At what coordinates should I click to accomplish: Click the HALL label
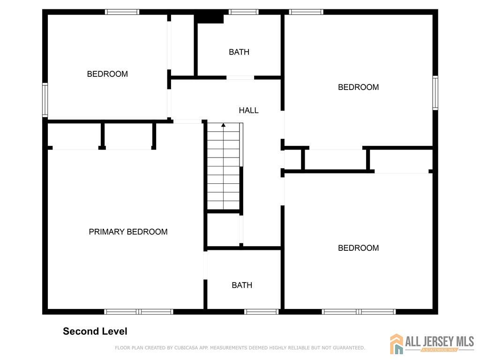coord(248,110)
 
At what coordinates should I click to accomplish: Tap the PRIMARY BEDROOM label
coord(128,232)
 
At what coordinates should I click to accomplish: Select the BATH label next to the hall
coord(239,52)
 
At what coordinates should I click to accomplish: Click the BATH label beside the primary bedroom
coord(242,285)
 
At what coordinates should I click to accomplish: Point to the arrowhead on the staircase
coord(224,125)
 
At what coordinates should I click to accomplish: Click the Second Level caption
coord(95,331)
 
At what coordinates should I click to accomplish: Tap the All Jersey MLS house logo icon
coord(397,344)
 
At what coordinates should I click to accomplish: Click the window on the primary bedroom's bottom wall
coord(139,312)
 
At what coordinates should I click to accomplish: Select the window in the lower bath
coord(262,312)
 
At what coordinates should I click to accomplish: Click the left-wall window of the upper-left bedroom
coord(45,100)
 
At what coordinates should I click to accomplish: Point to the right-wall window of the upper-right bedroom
coord(435,93)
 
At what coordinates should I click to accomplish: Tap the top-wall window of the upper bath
coord(244,12)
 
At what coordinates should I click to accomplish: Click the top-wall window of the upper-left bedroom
coord(122,12)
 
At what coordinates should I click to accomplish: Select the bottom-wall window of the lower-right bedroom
coord(359,312)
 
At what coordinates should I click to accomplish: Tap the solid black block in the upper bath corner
coord(210,18)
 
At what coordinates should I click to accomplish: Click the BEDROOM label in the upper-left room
coord(107,74)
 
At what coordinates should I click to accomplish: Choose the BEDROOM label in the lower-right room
coord(358,248)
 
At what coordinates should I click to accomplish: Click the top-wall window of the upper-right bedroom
coord(306,12)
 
